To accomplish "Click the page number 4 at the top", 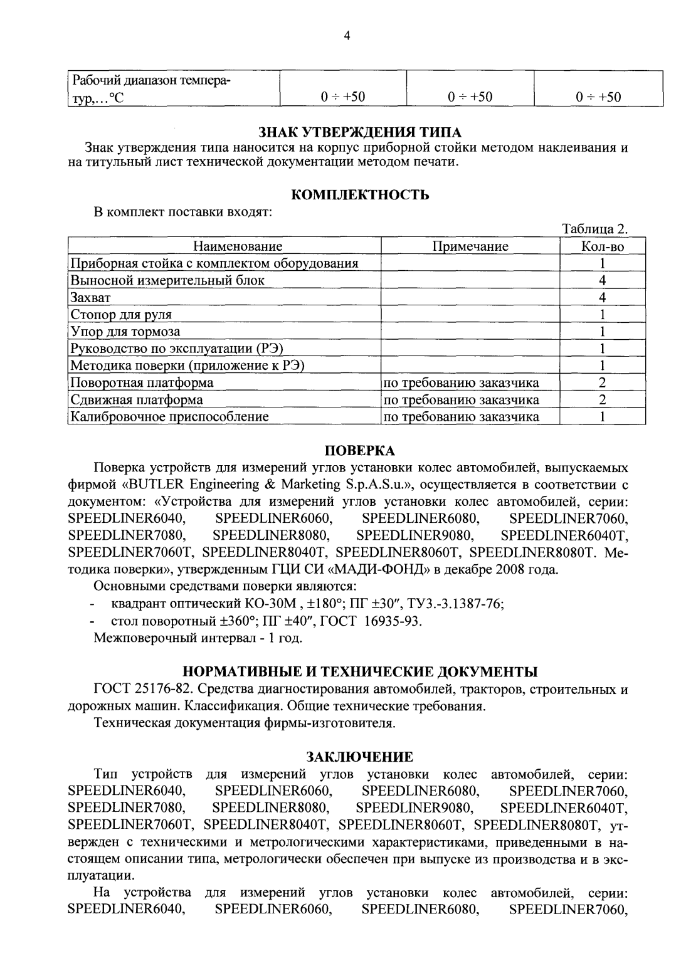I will click(346, 36).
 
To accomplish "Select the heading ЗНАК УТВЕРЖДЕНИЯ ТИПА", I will click(360, 132).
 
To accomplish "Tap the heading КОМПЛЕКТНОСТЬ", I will click(361, 195).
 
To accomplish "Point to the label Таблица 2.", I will click(595, 229).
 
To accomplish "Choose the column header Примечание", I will click(470, 246).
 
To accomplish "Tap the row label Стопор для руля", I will click(121, 315).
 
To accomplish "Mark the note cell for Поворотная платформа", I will click(461, 382).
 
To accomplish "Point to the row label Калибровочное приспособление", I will click(169, 416).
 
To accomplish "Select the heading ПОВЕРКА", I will click(360, 451).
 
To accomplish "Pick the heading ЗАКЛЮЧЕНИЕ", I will click(360, 757).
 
